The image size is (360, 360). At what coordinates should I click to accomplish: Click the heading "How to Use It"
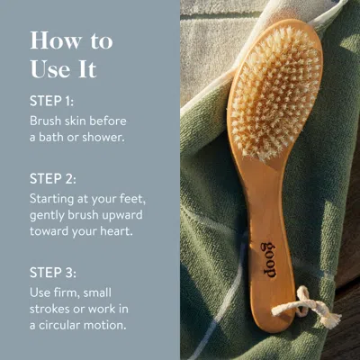[x=71, y=53]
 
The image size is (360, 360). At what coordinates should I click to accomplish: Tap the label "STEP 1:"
[x=53, y=101]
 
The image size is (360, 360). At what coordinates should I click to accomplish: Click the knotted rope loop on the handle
[x=317, y=308]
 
